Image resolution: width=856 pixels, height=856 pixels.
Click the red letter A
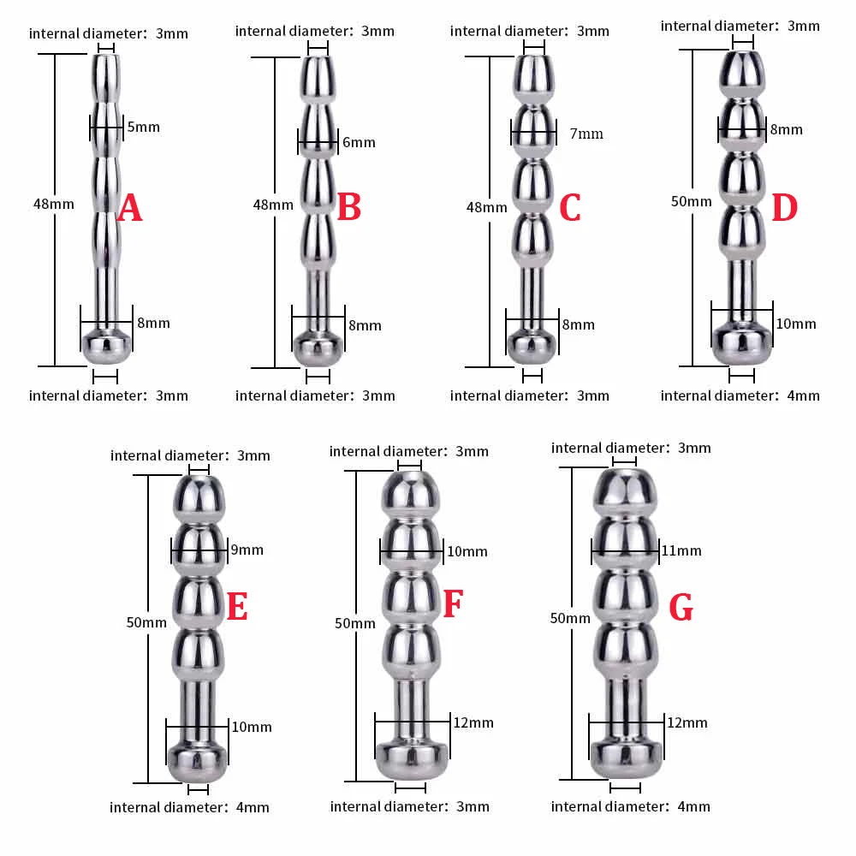(128, 208)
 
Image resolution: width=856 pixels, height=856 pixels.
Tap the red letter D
(784, 208)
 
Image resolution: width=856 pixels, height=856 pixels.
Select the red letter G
(681, 608)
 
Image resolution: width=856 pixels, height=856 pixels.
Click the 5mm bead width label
(143, 128)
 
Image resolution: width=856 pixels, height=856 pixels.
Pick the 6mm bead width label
(359, 142)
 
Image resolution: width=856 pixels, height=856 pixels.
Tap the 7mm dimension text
(586, 134)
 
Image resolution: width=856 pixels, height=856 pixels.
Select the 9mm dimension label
(247, 550)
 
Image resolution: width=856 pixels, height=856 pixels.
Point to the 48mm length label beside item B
(273, 205)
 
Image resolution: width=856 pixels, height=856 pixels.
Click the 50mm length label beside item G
(570, 618)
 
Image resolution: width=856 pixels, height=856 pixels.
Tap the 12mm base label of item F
(473, 723)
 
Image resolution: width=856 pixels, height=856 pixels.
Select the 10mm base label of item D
(795, 324)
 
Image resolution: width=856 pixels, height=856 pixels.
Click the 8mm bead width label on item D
(786, 129)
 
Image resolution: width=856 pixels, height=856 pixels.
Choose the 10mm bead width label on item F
(467, 551)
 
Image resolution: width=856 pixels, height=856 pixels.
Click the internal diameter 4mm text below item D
(740, 395)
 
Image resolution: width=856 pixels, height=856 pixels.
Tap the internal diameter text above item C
(529, 32)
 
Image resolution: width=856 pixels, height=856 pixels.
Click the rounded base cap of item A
(106, 347)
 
